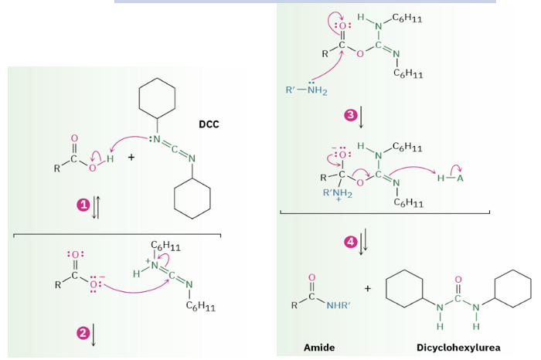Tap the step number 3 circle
pyautogui.click(x=350, y=115)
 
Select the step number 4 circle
pyautogui.click(x=350, y=242)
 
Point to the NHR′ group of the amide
pyautogui.click(x=339, y=305)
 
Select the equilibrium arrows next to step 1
pyautogui.click(x=94, y=205)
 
